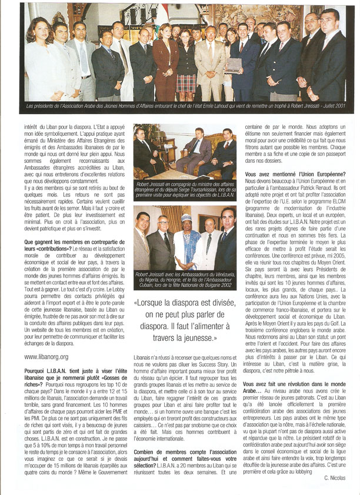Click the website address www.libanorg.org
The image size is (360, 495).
tap(46, 357)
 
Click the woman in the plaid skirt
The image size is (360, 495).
tap(186, 65)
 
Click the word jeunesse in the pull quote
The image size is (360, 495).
tap(201, 339)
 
